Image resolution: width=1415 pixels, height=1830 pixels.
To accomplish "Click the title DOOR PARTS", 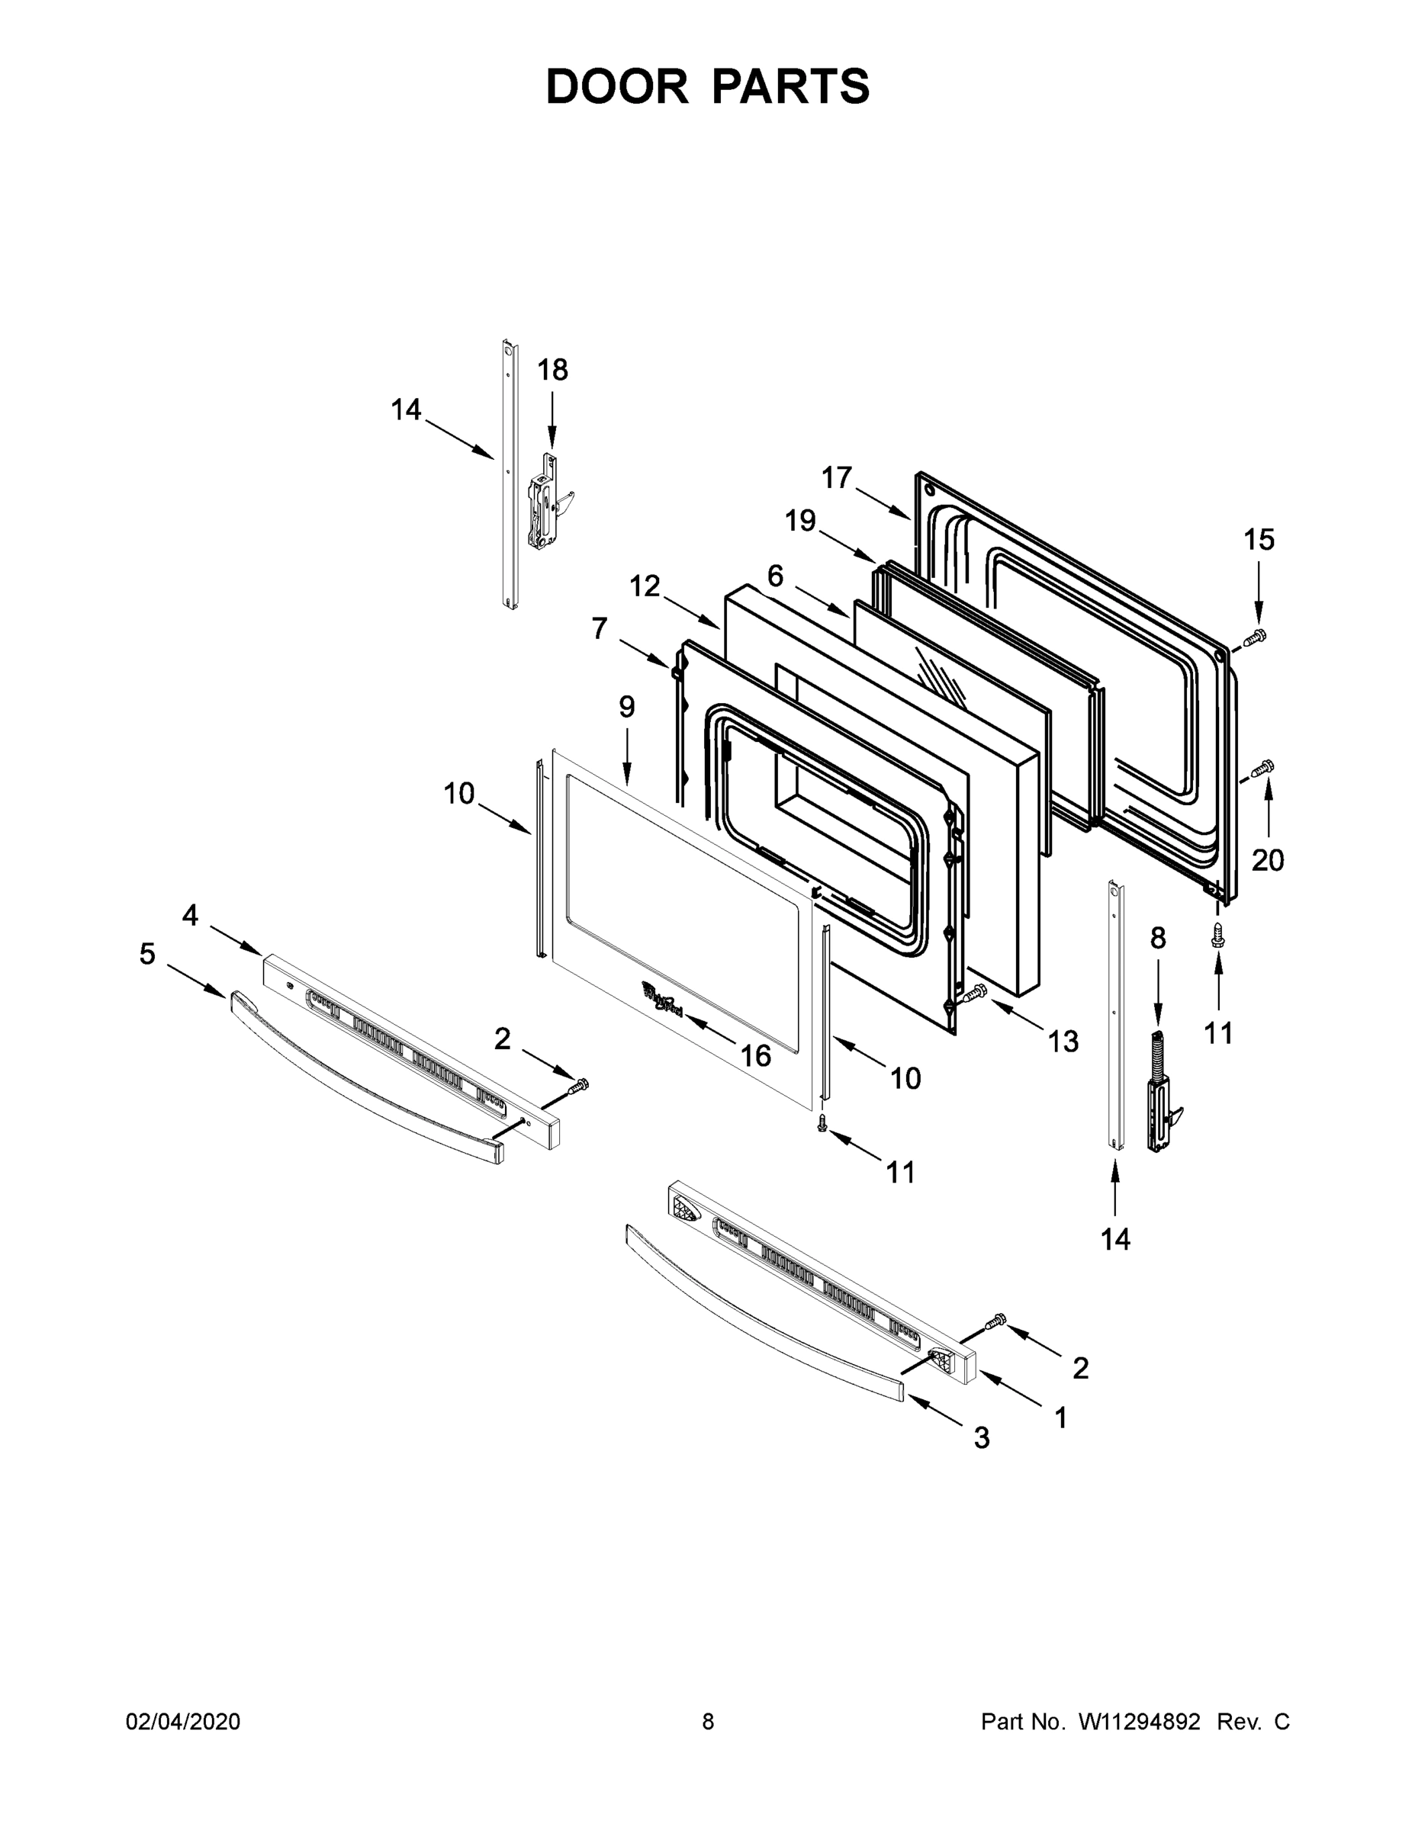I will click(708, 87).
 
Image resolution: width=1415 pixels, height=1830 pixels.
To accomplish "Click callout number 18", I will click(552, 370).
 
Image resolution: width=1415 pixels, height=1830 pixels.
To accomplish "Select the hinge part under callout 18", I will click(547, 503).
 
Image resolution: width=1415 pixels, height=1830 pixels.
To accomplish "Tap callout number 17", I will click(837, 477).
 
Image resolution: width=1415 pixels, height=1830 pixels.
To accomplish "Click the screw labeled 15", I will click(1254, 637).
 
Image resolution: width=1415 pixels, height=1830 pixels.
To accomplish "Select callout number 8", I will click(1158, 938).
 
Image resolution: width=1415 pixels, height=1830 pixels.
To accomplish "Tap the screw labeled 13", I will click(976, 994).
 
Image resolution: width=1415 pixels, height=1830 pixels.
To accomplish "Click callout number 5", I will click(147, 954).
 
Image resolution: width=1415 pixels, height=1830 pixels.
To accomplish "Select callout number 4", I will click(190, 915).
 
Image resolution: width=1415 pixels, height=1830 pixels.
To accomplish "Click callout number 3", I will click(982, 1438).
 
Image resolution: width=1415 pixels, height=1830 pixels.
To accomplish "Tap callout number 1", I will click(1060, 1417).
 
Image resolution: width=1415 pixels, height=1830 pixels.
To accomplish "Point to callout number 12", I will click(645, 586).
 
